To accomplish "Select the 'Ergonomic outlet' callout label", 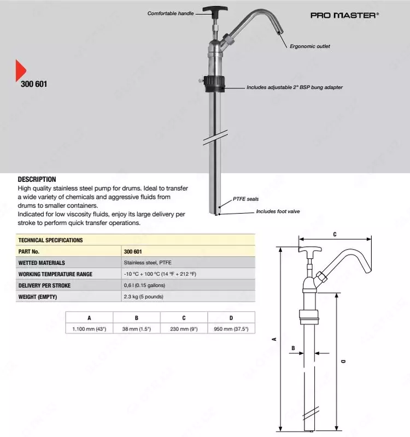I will click(x=309, y=46).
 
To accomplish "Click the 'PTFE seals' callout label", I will click(x=245, y=199).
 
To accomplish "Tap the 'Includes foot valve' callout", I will click(x=278, y=211).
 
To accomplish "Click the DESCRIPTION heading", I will click(x=37, y=179).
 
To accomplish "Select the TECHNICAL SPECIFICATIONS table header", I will click(x=50, y=240).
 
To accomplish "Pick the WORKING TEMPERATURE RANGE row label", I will click(x=55, y=274).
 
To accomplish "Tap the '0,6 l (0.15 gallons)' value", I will click(x=145, y=286).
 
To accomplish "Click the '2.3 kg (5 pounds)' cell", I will click(x=143, y=297).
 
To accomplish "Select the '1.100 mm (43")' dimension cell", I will click(x=89, y=329).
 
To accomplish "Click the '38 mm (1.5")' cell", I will click(x=137, y=329).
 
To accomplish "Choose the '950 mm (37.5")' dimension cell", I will click(x=231, y=329).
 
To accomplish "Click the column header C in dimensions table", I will click(x=184, y=317).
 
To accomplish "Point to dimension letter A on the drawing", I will click(x=274, y=339).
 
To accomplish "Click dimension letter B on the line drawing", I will click(x=294, y=348).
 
